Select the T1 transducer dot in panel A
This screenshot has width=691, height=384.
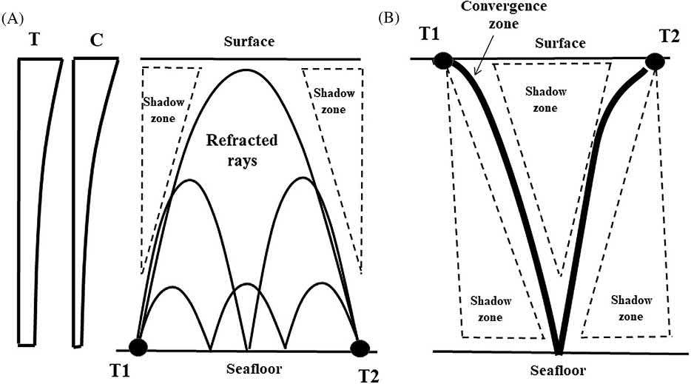(138, 346)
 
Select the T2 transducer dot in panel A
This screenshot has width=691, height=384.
(360, 348)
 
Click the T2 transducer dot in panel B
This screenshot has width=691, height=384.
(655, 61)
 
